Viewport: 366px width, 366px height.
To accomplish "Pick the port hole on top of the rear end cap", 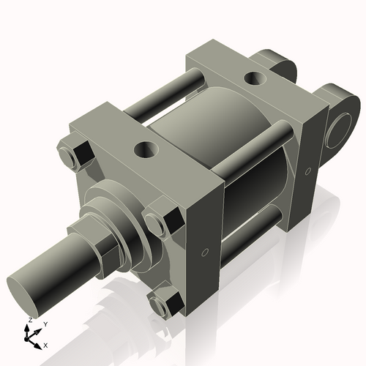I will (255, 76).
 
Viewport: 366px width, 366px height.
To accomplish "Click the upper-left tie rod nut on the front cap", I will (79, 154).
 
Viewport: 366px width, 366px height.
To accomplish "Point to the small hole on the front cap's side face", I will (206, 253).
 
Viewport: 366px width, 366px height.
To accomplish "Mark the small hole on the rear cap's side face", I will (310, 172).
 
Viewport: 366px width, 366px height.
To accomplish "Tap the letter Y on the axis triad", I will (45, 324).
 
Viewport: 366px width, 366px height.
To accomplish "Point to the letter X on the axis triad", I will (45, 344).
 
